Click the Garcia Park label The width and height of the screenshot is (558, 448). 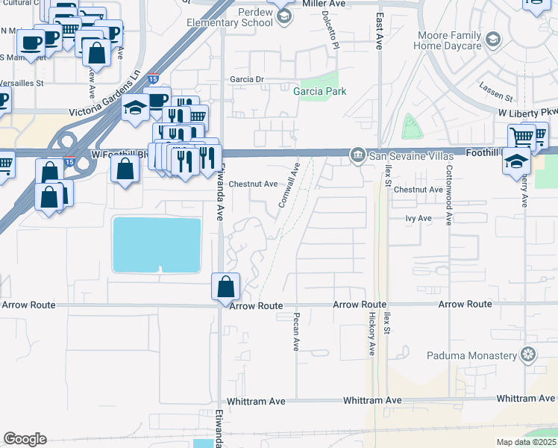320,91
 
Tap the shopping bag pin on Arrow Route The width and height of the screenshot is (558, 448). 225,286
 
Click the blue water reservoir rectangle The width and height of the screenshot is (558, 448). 157,245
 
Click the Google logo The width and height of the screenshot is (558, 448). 25,439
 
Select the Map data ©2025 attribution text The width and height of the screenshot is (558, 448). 527,442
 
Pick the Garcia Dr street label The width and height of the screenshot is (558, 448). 248,79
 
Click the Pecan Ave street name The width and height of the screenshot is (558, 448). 296,333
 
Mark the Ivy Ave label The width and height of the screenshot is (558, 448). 418,218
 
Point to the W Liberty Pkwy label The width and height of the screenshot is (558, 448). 528,112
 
